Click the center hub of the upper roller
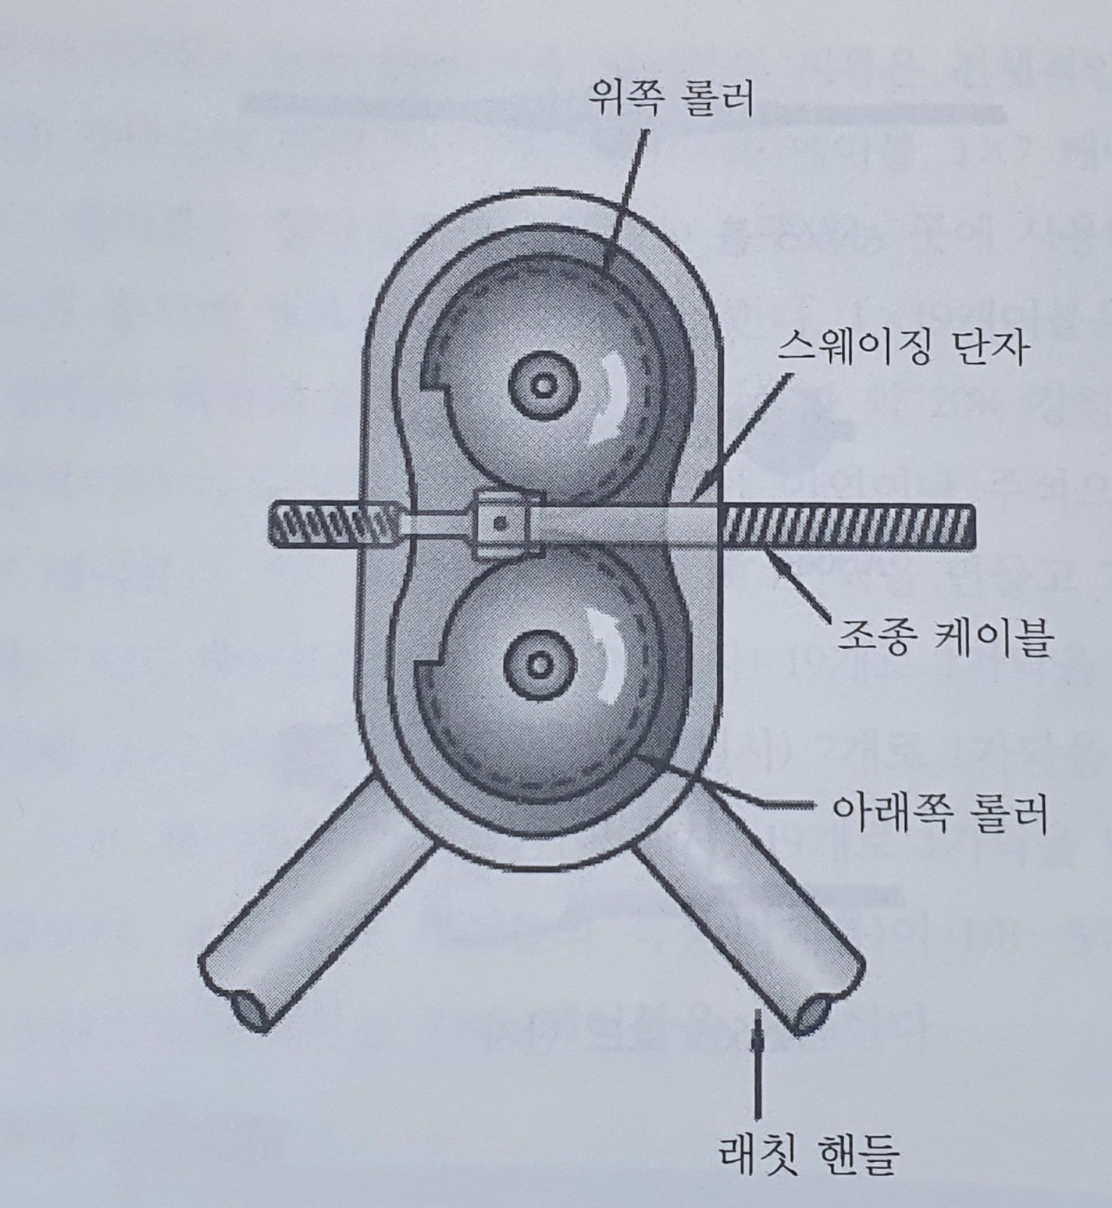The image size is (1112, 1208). [540, 385]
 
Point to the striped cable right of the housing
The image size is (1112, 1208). [847, 526]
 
